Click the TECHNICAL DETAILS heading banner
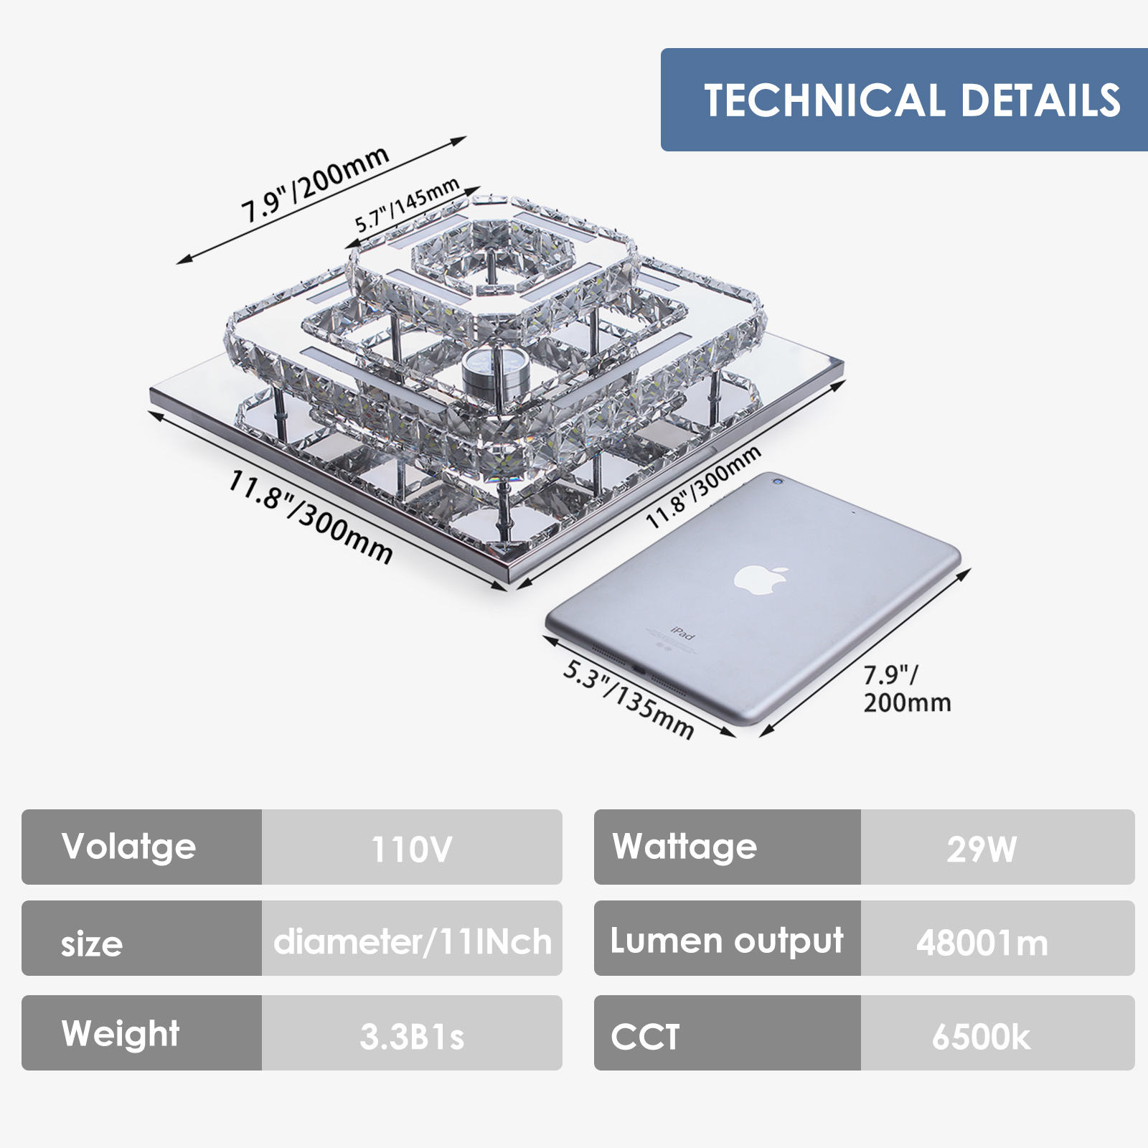tap(904, 100)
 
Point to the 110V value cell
tap(412, 847)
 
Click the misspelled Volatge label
tap(129, 847)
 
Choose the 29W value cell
tap(997, 847)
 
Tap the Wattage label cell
tap(727, 847)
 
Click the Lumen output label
tap(727, 939)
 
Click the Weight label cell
tap(141, 1033)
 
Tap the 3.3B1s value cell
tap(412, 1034)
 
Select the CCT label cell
tap(727, 1034)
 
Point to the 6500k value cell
tap(997, 1034)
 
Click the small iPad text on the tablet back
tap(682, 633)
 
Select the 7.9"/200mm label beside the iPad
tap(907, 689)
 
